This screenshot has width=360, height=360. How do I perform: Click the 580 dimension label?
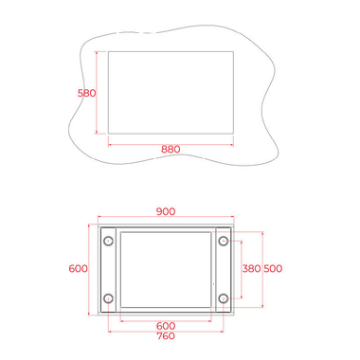point(87,93)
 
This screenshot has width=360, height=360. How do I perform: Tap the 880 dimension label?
point(171,149)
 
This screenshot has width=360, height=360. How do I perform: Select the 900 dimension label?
point(166,211)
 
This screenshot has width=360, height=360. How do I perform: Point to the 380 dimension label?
point(251,268)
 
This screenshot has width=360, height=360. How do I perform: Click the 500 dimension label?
point(273,268)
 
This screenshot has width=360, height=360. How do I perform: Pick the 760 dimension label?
point(166,335)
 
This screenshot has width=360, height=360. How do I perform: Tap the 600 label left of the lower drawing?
point(78,268)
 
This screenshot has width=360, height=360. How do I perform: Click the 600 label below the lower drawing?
point(166,326)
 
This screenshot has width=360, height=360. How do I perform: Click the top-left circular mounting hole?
point(108,241)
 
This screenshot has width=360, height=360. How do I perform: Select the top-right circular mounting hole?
point(224,241)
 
